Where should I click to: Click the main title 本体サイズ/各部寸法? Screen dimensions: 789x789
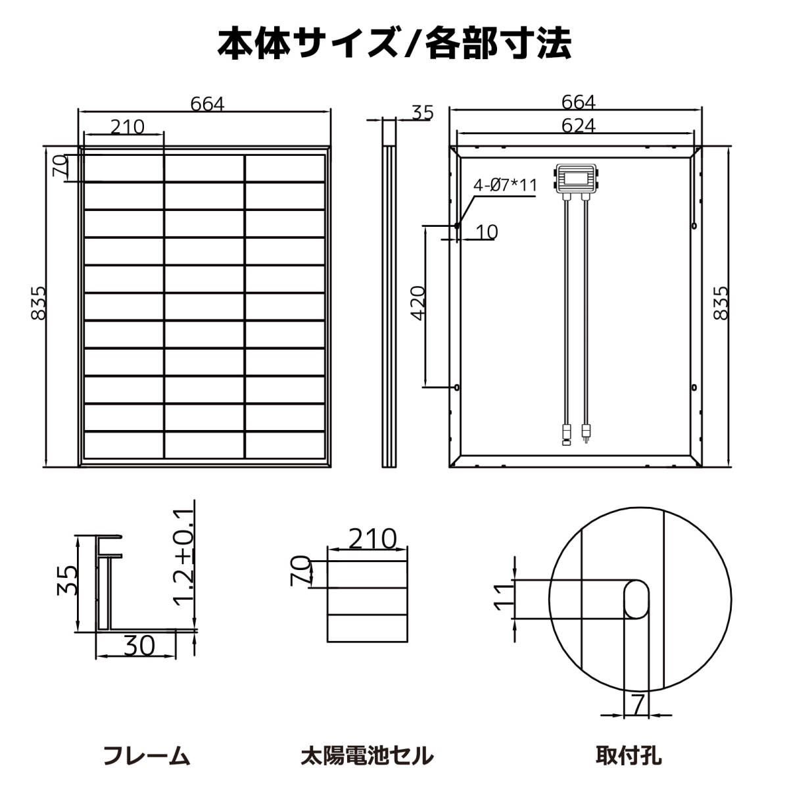394,43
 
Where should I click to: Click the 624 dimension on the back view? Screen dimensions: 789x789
579,126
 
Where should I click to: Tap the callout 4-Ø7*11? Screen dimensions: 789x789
505,185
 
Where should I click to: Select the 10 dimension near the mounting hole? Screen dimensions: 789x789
487,232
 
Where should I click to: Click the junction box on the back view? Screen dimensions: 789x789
577,178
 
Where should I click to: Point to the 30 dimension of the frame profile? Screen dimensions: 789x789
139,646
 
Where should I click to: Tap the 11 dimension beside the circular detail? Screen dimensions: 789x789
502,598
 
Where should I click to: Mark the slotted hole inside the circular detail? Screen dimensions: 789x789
636,598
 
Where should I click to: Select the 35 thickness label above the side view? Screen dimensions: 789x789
423,113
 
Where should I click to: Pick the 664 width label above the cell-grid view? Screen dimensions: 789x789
207,105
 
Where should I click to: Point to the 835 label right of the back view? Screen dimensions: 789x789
721,302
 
